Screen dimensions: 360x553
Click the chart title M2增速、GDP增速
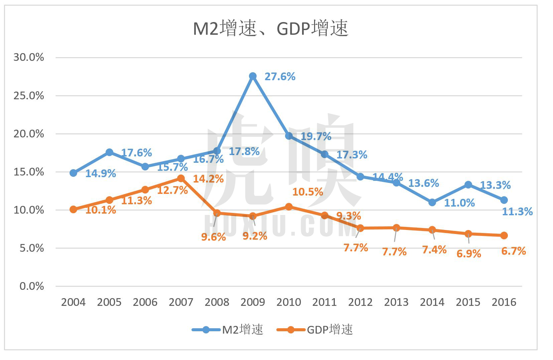tap(271, 29)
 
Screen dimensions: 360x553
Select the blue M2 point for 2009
tap(253, 76)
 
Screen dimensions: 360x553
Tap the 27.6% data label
tap(280, 77)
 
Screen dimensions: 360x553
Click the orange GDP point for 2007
tap(181, 178)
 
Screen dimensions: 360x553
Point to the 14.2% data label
tap(208, 179)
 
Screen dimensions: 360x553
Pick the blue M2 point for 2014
tap(432, 202)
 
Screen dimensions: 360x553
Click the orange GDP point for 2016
tap(504, 236)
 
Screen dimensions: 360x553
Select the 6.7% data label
tap(514, 251)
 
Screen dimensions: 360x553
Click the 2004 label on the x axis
tap(73, 302)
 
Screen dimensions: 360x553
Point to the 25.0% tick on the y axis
tap(29, 96)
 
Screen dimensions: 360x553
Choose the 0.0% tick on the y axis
tap(32, 286)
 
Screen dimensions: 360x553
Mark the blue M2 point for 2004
tap(73, 173)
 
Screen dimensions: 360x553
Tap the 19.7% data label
tap(316, 136)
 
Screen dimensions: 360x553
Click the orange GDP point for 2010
tap(289, 207)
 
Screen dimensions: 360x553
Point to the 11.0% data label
tap(459, 203)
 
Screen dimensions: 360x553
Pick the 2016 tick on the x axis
tap(504, 302)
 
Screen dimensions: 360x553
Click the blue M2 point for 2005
tap(109, 152)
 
